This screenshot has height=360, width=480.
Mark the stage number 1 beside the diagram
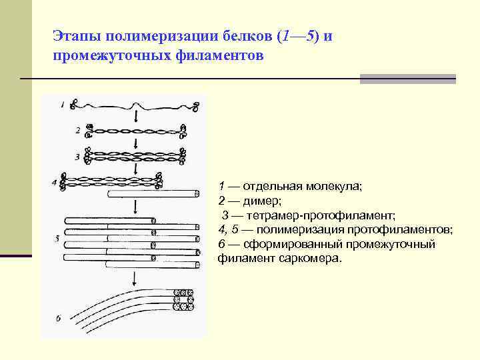click(x=63, y=105)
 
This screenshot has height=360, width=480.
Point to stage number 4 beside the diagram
click(x=54, y=181)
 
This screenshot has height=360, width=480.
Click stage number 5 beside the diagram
click(x=57, y=237)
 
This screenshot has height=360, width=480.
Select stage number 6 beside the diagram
click(x=58, y=319)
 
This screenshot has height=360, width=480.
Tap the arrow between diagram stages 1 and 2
click(x=137, y=117)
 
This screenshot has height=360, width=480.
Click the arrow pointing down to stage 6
click(x=135, y=278)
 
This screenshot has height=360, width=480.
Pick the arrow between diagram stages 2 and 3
click(x=136, y=143)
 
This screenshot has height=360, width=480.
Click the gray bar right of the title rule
click(x=407, y=79)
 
